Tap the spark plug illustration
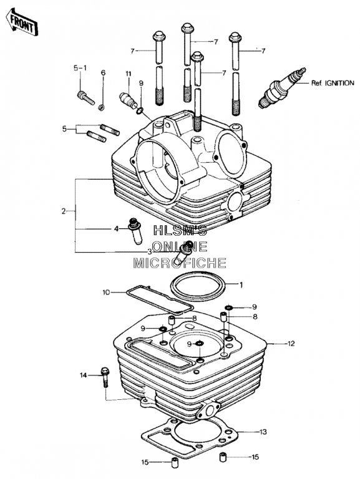coord(282,88)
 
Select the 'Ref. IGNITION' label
coord(333,83)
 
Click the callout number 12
coord(291,344)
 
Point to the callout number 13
coord(263,432)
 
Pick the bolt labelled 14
coord(105,377)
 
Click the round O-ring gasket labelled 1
coord(198,286)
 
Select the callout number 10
coord(106,293)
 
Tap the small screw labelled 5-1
coord(86,98)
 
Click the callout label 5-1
coord(80,68)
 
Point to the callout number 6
coord(103,73)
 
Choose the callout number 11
coord(129,74)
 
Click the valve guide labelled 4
coord(135,231)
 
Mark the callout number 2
coord(64,211)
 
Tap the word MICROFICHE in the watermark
coord(180,263)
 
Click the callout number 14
coord(84,375)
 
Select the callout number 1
coord(241,285)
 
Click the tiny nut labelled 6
coord(101,107)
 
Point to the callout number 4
coord(116,228)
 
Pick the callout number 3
coord(150,252)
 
